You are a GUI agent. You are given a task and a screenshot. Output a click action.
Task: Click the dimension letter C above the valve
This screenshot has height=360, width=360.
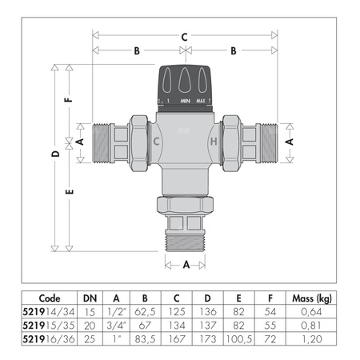pyautogui.click(x=184, y=36)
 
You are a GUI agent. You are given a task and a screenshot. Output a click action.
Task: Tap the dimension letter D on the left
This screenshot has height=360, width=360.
pyautogui.click(x=54, y=152)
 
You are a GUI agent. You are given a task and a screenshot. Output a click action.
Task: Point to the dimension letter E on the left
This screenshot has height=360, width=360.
pyautogui.click(x=70, y=192)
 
